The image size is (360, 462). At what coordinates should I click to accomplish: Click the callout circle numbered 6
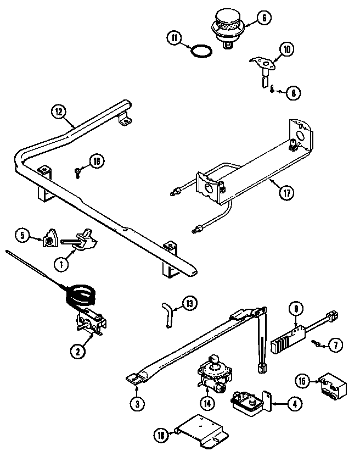click(263, 18)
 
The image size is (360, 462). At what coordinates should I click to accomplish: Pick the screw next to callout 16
click(78, 172)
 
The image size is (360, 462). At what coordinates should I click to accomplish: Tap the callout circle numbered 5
click(21, 236)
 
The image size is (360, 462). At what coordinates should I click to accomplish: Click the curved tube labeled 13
click(166, 314)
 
